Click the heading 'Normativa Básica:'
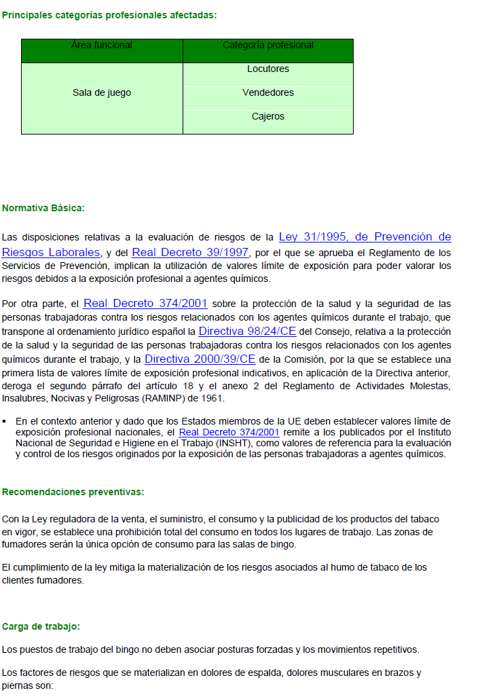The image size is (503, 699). [43, 208]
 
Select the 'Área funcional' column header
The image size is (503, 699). [102, 46]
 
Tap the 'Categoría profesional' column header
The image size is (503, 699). [268, 46]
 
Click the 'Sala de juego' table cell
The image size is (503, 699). [102, 92]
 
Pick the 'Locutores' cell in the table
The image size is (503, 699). [268, 69]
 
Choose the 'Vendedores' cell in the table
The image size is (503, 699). [268, 92]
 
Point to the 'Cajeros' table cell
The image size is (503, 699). [268, 116]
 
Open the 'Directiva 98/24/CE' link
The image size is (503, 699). [247, 331]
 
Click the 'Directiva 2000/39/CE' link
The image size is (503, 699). [200, 359]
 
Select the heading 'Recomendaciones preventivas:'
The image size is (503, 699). [73, 492]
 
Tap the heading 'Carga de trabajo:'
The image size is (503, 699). [41, 626]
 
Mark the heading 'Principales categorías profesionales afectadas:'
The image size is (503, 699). [109, 15]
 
